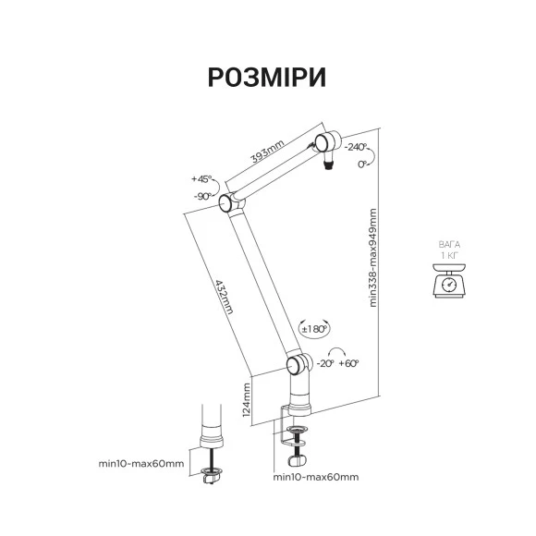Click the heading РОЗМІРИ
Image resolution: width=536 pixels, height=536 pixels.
[267, 78]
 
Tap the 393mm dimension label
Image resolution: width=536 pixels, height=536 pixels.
[268, 152]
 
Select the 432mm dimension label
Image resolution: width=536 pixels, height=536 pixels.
[225, 297]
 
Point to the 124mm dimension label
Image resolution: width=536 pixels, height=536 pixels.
[247, 399]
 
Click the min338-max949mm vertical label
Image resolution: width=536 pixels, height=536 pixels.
[372, 258]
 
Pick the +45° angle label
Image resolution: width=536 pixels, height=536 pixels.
[201, 178]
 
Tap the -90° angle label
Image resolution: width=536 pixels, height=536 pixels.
[203, 197]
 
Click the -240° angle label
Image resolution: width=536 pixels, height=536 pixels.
[356, 147]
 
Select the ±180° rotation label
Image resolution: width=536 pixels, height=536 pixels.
[314, 329]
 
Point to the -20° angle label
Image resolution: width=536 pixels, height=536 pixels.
[325, 363]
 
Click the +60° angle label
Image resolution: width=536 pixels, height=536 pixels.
[348, 363]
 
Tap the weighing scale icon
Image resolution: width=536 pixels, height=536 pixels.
[449, 280]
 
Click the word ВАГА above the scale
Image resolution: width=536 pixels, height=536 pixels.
[449, 245]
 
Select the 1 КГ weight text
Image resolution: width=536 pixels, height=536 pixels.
[449, 255]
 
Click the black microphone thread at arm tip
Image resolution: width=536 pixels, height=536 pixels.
[328, 166]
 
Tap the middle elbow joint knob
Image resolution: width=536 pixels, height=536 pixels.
[226, 203]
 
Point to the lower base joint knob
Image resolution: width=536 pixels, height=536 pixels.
[294, 365]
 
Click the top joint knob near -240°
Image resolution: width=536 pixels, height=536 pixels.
[323, 143]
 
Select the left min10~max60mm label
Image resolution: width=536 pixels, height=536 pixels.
[141, 464]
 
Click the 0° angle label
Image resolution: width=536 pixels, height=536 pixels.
[362, 164]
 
